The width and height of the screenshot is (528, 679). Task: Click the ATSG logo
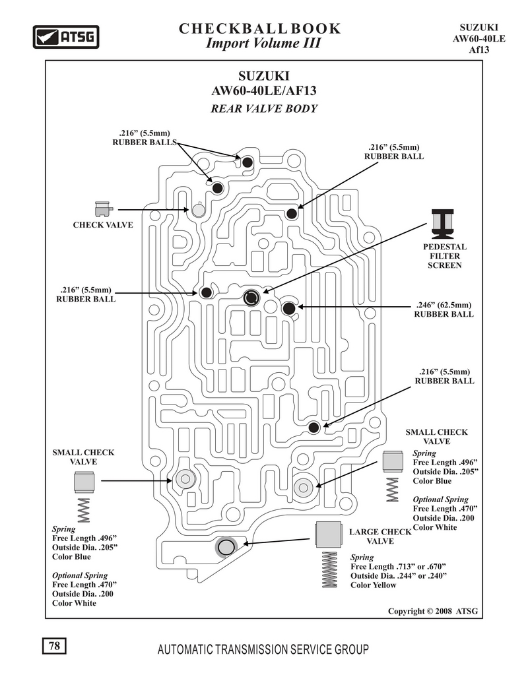tap(66, 37)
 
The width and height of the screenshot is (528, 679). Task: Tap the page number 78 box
tap(54, 645)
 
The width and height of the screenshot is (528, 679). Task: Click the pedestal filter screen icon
tap(442, 224)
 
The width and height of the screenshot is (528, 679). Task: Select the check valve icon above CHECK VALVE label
tap(104, 209)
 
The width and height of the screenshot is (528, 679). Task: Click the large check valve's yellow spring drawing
tap(329, 569)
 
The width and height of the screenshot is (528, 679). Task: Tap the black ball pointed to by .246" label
tap(289, 308)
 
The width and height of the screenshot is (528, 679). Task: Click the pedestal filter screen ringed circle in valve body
tap(251, 298)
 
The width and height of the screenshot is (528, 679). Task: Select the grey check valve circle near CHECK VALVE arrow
tap(199, 210)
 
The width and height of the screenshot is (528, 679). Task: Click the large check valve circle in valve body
tap(226, 547)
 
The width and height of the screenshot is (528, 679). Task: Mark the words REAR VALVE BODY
tap(264, 108)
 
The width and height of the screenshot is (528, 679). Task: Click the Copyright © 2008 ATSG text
tap(433, 611)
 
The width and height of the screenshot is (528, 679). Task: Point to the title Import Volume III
tap(263, 43)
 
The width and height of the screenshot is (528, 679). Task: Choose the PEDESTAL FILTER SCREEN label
tap(445, 256)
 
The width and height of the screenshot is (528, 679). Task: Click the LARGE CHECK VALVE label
tap(380, 536)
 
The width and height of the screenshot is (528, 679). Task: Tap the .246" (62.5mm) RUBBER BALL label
tap(444, 309)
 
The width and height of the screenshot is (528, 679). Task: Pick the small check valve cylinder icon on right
tap(393, 461)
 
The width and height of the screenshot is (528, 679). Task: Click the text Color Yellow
tap(374, 585)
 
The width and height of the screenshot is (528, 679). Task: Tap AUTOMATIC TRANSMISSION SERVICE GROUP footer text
tap(263, 649)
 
